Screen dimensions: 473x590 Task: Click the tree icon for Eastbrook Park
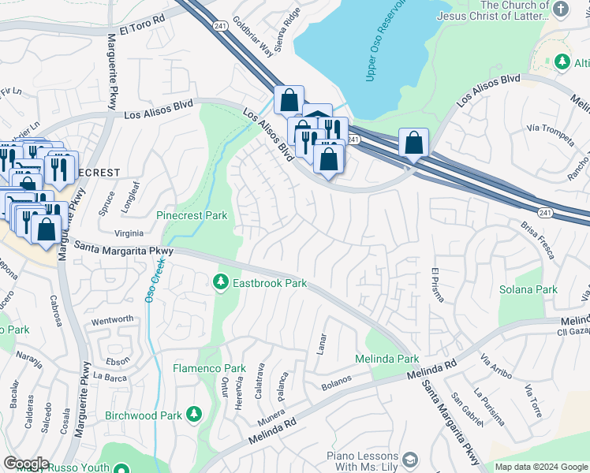221,281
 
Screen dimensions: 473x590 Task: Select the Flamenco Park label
209,368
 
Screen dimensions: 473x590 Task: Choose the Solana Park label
528,289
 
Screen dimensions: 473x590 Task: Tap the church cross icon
561,9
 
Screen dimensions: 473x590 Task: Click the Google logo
25,464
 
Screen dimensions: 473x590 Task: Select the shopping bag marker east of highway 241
413,144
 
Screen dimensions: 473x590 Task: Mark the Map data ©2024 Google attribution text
541,467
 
